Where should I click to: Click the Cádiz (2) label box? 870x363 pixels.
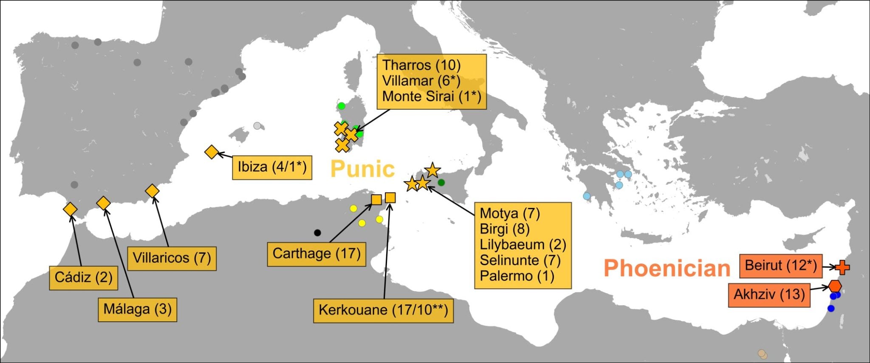coord(84,278)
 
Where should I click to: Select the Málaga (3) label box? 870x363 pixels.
coord(137,309)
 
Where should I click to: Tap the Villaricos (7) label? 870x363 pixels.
coord(172,258)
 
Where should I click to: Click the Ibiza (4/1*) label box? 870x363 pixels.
coord(272,167)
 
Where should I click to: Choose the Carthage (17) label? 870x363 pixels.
coord(316,254)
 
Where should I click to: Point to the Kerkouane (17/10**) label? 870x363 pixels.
coord(383,310)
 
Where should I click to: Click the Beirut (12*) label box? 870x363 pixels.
coord(781,266)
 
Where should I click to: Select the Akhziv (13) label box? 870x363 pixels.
coord(769,294)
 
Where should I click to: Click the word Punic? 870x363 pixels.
coord(362,169)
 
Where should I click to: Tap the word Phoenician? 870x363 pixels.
coord(667,268)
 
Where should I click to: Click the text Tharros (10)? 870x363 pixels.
coord(421,65)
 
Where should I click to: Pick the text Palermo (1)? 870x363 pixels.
coord(517,276)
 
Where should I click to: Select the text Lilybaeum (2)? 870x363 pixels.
coord(523,245)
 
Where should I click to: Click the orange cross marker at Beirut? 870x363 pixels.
coord(842,267)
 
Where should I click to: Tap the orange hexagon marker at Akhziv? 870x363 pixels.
coord(835,286)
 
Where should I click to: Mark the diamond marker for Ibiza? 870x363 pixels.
coord(211,152)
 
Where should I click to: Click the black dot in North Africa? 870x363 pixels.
coord(317,233)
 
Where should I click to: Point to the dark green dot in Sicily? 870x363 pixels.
coord(441,182)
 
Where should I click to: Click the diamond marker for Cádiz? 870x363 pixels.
coord(70,209)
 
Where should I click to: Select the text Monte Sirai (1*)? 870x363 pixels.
coord(432,96)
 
